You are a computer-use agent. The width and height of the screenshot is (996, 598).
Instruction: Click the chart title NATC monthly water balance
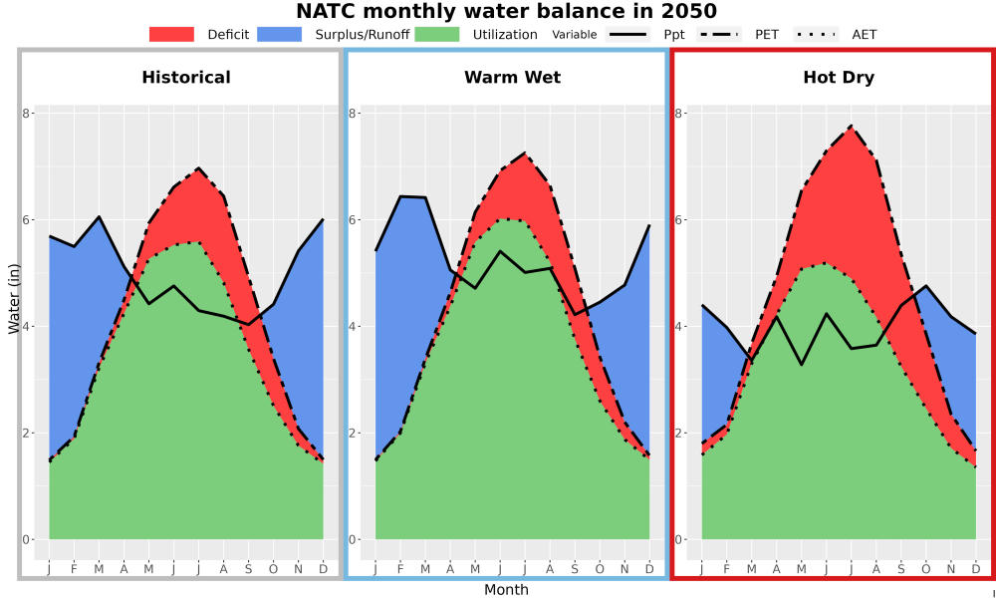(506, 11)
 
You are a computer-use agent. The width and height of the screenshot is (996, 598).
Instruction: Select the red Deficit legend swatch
(171, 34)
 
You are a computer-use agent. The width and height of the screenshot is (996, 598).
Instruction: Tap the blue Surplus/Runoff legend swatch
(280, 34)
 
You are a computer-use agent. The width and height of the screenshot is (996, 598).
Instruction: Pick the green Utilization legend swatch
(437, 34)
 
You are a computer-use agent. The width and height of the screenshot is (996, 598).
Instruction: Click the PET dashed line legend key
(719, 34)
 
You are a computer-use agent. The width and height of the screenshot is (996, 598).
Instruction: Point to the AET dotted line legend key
(817, 34)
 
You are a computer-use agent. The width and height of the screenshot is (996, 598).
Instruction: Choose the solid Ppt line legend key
(627, 34)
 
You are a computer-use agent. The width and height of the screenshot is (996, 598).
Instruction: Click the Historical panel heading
(186, 78)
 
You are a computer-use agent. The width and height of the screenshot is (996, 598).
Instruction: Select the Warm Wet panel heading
(513, 78)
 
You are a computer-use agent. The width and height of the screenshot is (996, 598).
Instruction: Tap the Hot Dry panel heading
(839, 78)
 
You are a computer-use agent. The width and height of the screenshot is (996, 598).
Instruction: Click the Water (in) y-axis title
(14, 299)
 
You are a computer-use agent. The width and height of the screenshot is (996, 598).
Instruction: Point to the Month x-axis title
(506, 590)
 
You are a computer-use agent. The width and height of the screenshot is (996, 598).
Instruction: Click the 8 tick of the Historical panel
(26, 113)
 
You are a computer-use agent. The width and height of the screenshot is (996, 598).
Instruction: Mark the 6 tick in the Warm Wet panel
(353, 220)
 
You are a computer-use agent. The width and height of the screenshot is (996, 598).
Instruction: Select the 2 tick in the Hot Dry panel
(678, 434)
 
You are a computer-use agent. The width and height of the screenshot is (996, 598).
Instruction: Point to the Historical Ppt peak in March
(99, 216)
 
